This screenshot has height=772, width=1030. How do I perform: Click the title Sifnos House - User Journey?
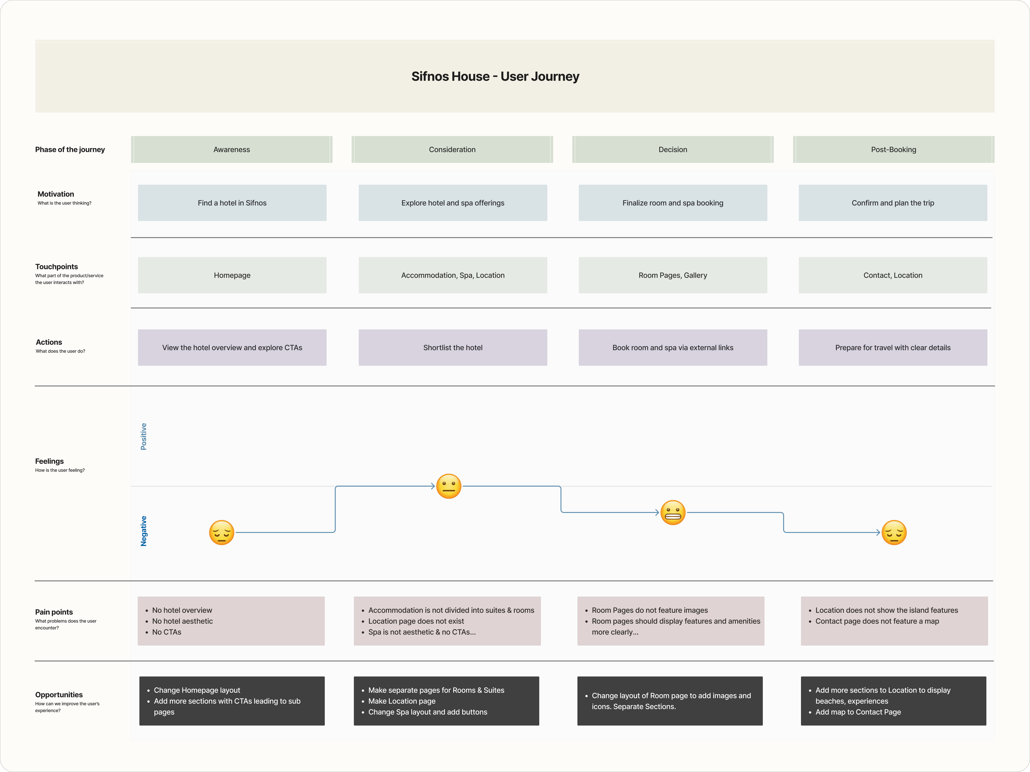[x=495, y=76]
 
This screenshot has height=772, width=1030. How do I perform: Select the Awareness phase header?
[x=231, y=149]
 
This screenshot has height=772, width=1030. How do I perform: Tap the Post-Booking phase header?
[x=893, y=149]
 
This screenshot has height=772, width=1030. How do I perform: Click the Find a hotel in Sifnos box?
[x=232, y=203]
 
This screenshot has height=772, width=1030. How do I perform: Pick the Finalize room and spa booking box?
[x=672, y=203]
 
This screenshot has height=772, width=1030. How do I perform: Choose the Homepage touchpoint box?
[x=232, y=275]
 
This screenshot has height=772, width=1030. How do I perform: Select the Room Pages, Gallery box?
[x=672, y=275]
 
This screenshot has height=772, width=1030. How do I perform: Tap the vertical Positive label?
[x=143, y=436]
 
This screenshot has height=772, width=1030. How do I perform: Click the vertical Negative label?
[x=143, y=531]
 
